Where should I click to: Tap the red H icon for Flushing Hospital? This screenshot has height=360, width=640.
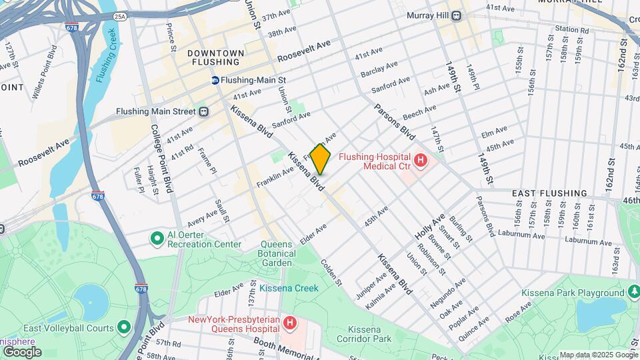pyautogui.click(x=421, y=160)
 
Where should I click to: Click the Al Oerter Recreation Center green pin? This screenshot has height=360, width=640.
pyautogui.click(x=157, y=238)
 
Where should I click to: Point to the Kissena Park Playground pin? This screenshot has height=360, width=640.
pyautogui.click(x=633, y=293)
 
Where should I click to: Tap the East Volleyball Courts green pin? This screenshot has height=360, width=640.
pyautogui.click(x=124, y=327)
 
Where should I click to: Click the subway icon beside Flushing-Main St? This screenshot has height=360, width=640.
pyautogui.click(x=216, y=80)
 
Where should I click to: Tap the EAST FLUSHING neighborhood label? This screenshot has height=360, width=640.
pyautogui.click(x=549, y=193)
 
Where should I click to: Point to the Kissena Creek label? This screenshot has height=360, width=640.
pyautogui.click(x=289, y=288)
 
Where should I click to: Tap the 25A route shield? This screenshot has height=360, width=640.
pyautogui.click(x=119, y=16)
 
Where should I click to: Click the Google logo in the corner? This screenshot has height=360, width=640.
pyautogui.click(x=21, y=351)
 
